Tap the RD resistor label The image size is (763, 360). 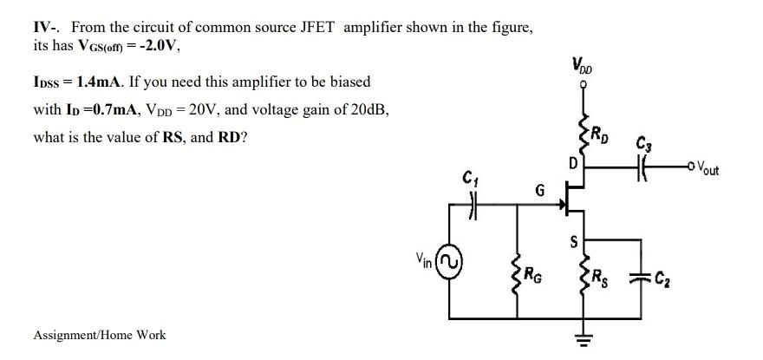click(x=597, y=135)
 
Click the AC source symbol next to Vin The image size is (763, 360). click(x=449, y=261)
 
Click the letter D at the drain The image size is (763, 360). click(x=572, y=161)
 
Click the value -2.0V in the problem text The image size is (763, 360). click(x=158, y=46)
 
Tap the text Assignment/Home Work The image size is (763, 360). click(x=99, y=335)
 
